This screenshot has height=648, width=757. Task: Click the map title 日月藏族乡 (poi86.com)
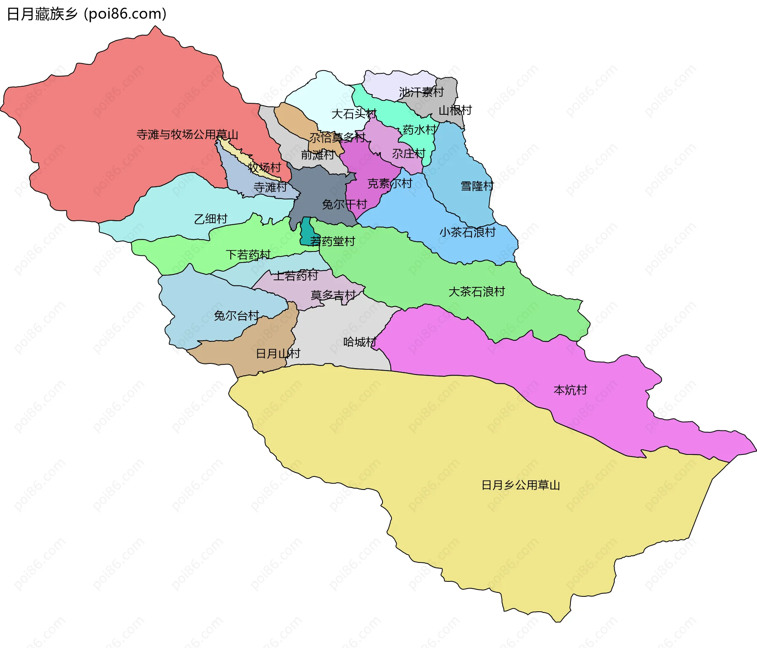click(x=87, y=14)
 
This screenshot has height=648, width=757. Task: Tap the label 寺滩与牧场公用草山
click(x=187, y=135)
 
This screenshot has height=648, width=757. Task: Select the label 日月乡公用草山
click(x=520, y=485)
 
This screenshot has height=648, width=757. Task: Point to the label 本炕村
click(x=570, y=390)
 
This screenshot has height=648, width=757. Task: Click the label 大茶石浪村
click(x=477, y=292)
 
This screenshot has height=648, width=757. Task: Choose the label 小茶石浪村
click(x=467, y=232)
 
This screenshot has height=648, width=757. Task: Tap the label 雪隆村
click(x=477, y=186)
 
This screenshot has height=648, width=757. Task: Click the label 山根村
click(x=455, y=110)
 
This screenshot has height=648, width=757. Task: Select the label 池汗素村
click(x=421, y=92)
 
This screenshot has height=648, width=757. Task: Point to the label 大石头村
click(x=354, y=114)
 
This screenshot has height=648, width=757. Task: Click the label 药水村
click(x=420, y=130)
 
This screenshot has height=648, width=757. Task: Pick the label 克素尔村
click(x=390, y=183)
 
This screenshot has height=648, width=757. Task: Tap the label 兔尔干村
click(x=344, y=204)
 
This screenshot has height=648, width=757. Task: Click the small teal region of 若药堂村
click(x=306, y=233)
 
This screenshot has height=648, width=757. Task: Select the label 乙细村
click(x=211, y=219)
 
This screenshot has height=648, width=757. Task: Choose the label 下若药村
click(x=248, y=255)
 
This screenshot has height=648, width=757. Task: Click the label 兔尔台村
click(x=236, y=315)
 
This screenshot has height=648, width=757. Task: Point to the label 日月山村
click(x=278, y=354)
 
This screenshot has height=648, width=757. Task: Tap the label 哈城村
click(x=360, y=342)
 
